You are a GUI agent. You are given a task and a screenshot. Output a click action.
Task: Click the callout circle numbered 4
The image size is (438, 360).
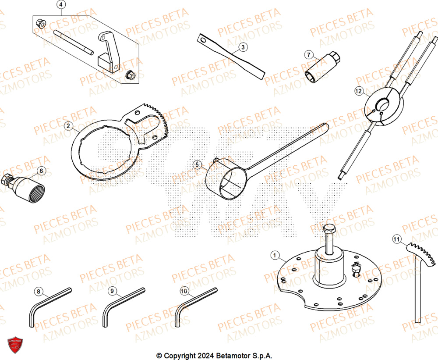pyautogui.click(x=61, y=5)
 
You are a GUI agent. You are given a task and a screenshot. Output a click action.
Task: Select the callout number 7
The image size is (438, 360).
pyautogui.click(x=309, y=55)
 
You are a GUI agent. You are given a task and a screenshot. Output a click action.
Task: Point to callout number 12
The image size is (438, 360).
pyautogui.click(x=359, y=91)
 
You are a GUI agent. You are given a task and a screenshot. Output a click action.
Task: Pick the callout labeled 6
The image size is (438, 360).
pyautogui.click(x=41, y=170)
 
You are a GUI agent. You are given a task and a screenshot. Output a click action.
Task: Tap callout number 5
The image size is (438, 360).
pyautogui.click(x=197, y=165)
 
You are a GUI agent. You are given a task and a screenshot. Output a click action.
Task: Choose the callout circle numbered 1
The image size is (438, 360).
pyautogui.click(x=275, y=255)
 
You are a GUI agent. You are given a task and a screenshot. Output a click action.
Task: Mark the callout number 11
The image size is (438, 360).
pyautogui.click(x=396, y=239)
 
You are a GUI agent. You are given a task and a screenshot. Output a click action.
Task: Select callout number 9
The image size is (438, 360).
pyautogui.click(x=112, y=291)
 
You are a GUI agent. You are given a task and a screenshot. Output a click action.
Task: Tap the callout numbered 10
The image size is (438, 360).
pyautogui.click(x=184, y=290)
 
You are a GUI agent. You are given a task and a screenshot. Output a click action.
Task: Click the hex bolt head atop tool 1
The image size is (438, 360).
pyautogui.click(x=329, y=228)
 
